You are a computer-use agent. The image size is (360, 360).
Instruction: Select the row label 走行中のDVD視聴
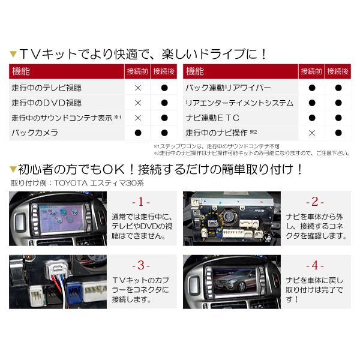(x=46, y=103)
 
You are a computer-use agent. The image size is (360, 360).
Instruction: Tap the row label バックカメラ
(x=35, y=133)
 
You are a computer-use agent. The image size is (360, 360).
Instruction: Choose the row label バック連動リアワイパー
(x=229, y=88)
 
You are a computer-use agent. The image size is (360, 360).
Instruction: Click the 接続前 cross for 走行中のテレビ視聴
(x=138, y=88)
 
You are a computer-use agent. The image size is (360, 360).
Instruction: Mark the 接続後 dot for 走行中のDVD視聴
(x=164, y=103)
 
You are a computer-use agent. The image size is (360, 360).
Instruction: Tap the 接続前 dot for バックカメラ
(x=138, y=133)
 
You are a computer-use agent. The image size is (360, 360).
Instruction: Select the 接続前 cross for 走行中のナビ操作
(x=312, y=133)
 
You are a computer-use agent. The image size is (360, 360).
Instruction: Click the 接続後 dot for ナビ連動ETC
(x=338, y=118)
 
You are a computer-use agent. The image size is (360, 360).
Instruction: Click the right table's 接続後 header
(x=338, y=72)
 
